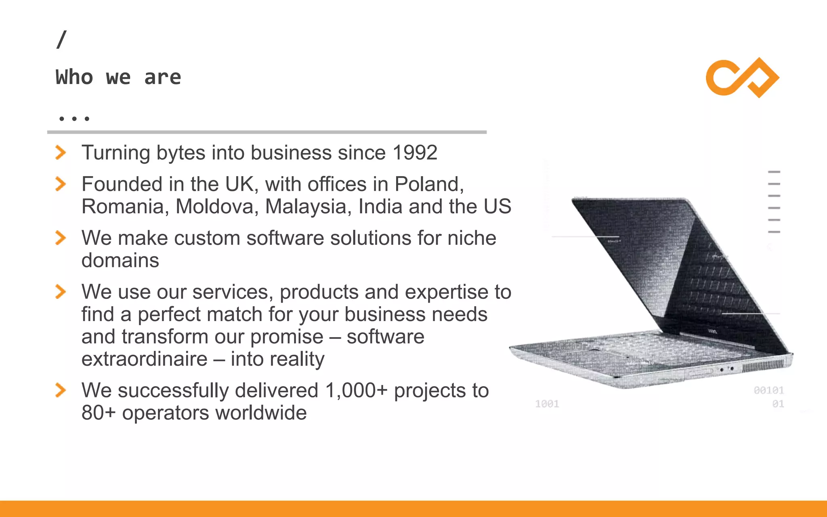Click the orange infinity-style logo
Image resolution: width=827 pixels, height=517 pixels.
742,78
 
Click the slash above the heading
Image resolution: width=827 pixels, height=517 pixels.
61,40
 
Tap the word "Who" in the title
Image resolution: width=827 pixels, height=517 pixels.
74,77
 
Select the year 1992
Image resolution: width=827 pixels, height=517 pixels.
415,153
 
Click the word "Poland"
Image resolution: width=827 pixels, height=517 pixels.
428,184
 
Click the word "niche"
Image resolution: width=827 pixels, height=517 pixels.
471,238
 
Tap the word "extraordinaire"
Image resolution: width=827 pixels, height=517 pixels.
144,359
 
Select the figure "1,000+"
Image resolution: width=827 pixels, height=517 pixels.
356,391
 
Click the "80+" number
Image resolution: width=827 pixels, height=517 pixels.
99,413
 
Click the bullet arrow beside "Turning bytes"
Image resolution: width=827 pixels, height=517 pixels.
61,153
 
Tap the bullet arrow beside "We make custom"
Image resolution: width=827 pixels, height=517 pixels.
61,238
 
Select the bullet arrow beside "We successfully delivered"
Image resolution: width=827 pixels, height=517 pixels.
61,391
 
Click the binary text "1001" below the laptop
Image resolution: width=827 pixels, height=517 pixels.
547,404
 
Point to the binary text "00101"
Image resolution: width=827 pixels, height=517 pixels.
768,390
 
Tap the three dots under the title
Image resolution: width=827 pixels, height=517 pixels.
74,119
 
